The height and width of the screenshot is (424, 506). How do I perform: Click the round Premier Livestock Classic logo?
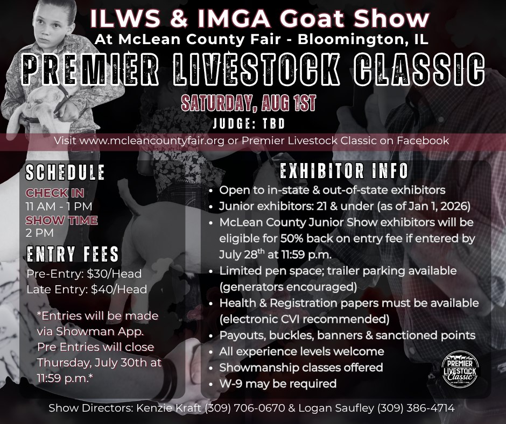pyautogui.click(x=460, y=369)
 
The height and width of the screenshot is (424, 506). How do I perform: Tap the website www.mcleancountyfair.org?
pyautogui.click(x=152, y=140)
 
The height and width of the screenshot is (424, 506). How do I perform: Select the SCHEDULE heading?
pyautogui.click(x=65, y=172)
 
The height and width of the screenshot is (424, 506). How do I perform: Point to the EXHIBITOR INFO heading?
pyautogui.click(x=344, y=171)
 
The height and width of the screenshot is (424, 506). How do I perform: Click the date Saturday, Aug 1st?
pyautogui.click(x=248, y=103)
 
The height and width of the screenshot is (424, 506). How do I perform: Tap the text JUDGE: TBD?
pyautogui.click(x=249, y=123)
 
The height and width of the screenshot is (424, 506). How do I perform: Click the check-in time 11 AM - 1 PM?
pyautogui.click(x=59, y=206)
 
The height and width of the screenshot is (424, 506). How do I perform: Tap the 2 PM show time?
pyautogui.click(x=40, y=232)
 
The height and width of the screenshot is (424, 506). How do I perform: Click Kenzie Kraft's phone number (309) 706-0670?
pyautogui.click(x=245, y=408)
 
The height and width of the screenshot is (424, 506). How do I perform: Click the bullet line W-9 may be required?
pyautogui.click(x=278, y=384)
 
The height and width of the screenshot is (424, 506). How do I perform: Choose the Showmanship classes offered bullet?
pyautogui.click(x=301, y=368)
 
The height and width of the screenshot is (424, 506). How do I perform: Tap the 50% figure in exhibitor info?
pyautogui.click(x=292, y=238)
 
